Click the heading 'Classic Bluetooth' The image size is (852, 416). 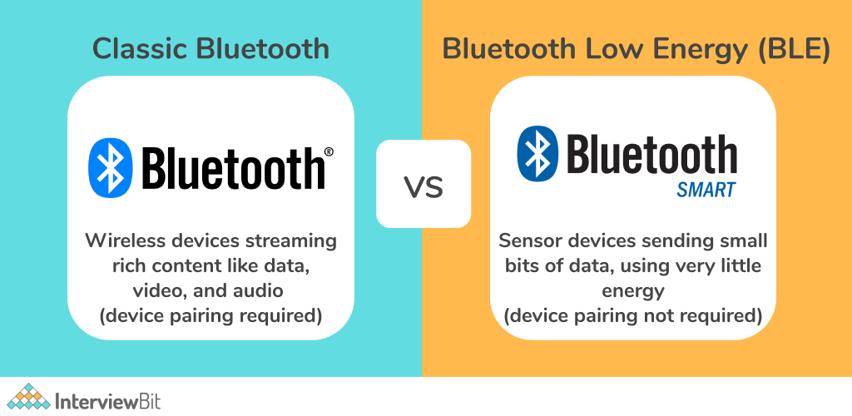tap(211, 49)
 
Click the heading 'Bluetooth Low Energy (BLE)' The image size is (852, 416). tap(637, 49)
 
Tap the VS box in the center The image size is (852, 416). tap(424, 184)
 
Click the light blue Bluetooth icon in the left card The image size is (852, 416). tap(111, 167)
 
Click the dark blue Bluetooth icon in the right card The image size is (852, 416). tap(537, 154)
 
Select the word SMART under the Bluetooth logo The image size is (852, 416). tap(706, 190)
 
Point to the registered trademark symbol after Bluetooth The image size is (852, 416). tap(329, 151)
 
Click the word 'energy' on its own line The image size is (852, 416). tap(632, 292)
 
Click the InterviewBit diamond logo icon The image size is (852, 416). tap(28, 397)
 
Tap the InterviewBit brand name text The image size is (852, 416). tap(108, 401)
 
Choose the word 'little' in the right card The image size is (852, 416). tap(742, 265)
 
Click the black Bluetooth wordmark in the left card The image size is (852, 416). tap(233, 168)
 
